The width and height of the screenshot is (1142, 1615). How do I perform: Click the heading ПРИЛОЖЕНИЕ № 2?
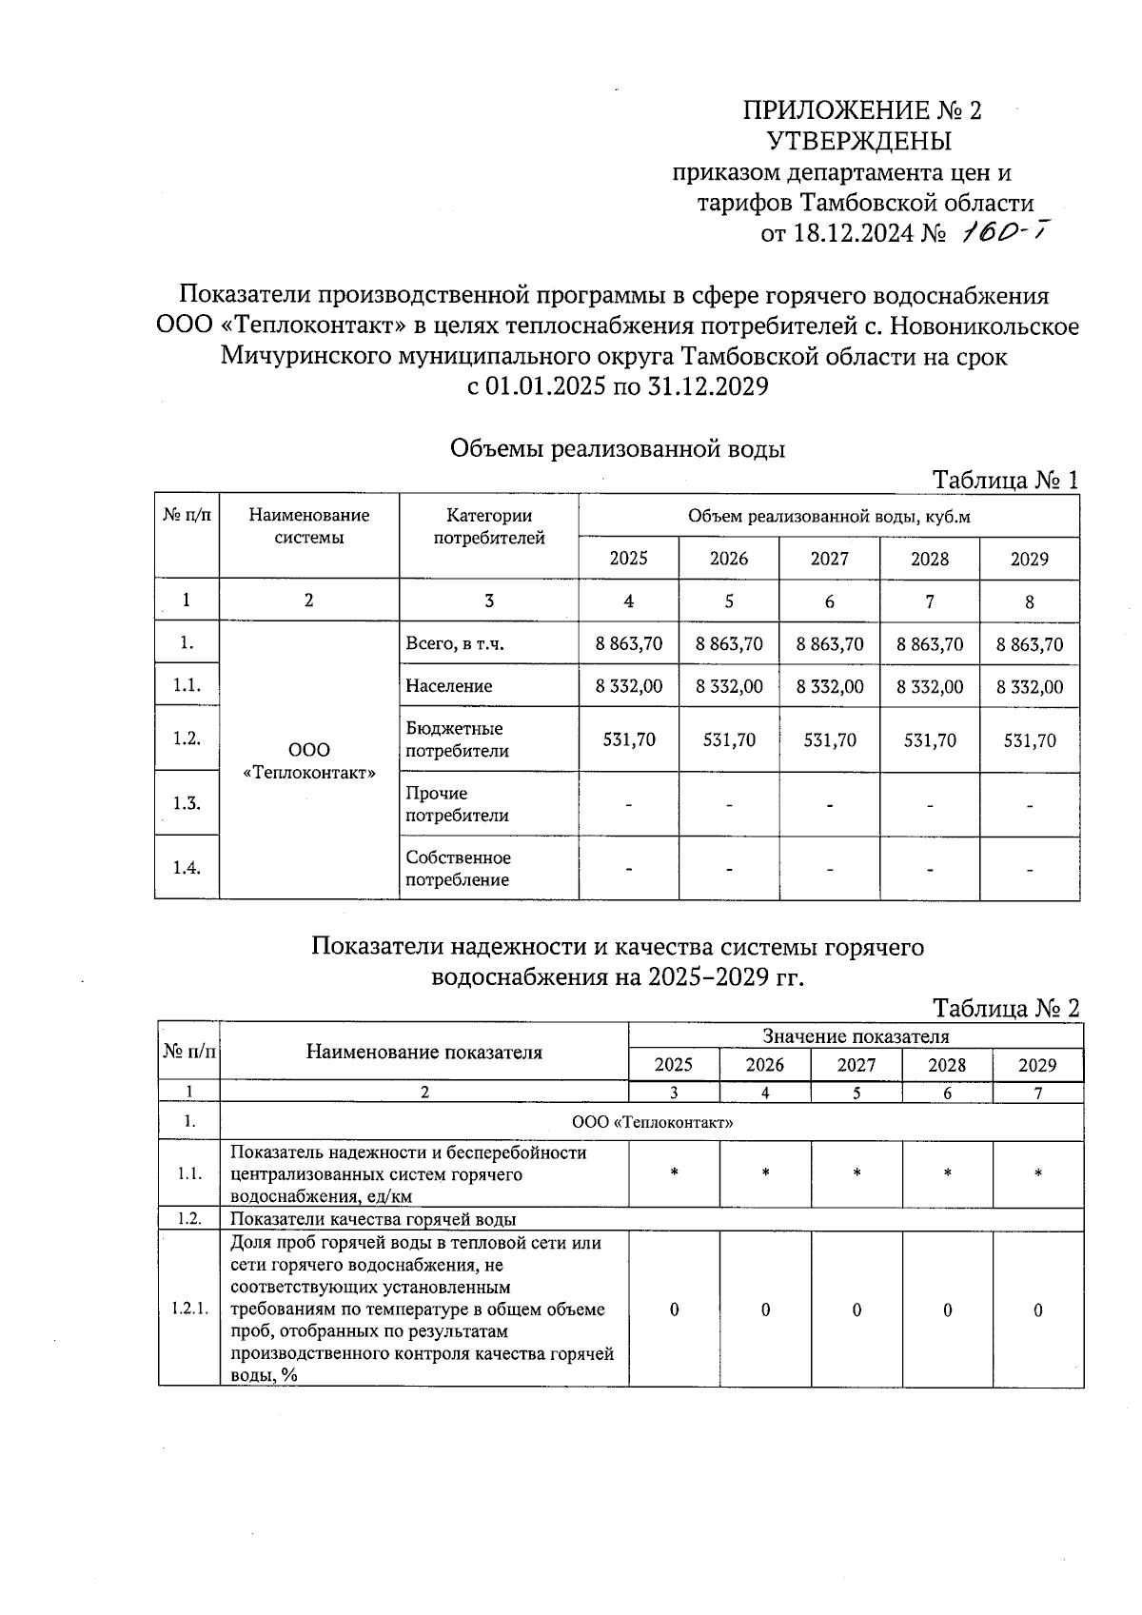(x=861, y=110)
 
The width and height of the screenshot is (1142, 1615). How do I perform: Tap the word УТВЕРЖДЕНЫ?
(x=858, y=142)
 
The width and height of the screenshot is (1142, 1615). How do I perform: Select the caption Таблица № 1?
(x=1005, y=480)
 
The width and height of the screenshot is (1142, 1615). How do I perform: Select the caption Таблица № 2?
(x=1006, y=1008)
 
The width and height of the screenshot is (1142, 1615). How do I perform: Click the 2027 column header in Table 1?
(x=829, y=559)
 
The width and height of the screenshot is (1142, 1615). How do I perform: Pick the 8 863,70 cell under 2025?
(x=629, y=644)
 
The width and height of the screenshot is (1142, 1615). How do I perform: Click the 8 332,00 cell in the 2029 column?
(x=1030, y=687)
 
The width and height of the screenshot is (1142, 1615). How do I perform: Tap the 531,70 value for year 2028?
(x=930, y=740)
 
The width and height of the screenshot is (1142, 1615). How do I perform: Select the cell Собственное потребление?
(x=458, y=869)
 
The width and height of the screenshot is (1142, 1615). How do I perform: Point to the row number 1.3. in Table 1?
(x=187, y=803)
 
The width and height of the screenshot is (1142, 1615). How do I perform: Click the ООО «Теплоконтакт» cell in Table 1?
(x=308, y=761)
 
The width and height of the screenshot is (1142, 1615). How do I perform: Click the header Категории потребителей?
(x=489, y=526)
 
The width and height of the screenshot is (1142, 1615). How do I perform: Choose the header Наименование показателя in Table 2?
(x=423, y=1052)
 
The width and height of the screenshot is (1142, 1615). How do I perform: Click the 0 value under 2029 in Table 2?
(x=1037, y=1310)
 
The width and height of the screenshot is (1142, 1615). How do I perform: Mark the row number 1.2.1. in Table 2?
(x=189, y=1310)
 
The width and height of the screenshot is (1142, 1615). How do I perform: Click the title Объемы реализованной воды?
(x=617, y=448)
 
